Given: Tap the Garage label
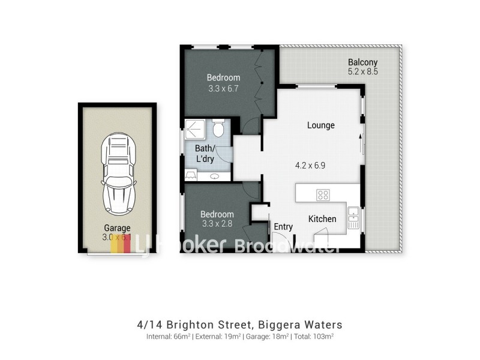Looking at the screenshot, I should (117, 229).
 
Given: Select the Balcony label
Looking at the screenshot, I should (363, 62).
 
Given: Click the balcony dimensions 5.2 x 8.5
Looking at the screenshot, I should (363, 71).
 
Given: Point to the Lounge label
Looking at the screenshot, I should (320, 125).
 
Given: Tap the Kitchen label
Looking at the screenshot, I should (322, 219).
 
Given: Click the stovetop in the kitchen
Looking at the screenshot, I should (323, 194).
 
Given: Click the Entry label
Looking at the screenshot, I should (283, 227).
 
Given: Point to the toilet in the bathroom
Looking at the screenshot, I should (219, 127).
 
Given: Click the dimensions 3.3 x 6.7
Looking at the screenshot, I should (224, 88).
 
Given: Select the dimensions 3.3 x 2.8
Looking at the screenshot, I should (217, 224).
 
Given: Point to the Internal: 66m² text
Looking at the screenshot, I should (169, 337).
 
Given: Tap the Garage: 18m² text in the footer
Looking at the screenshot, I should (268, 337).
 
